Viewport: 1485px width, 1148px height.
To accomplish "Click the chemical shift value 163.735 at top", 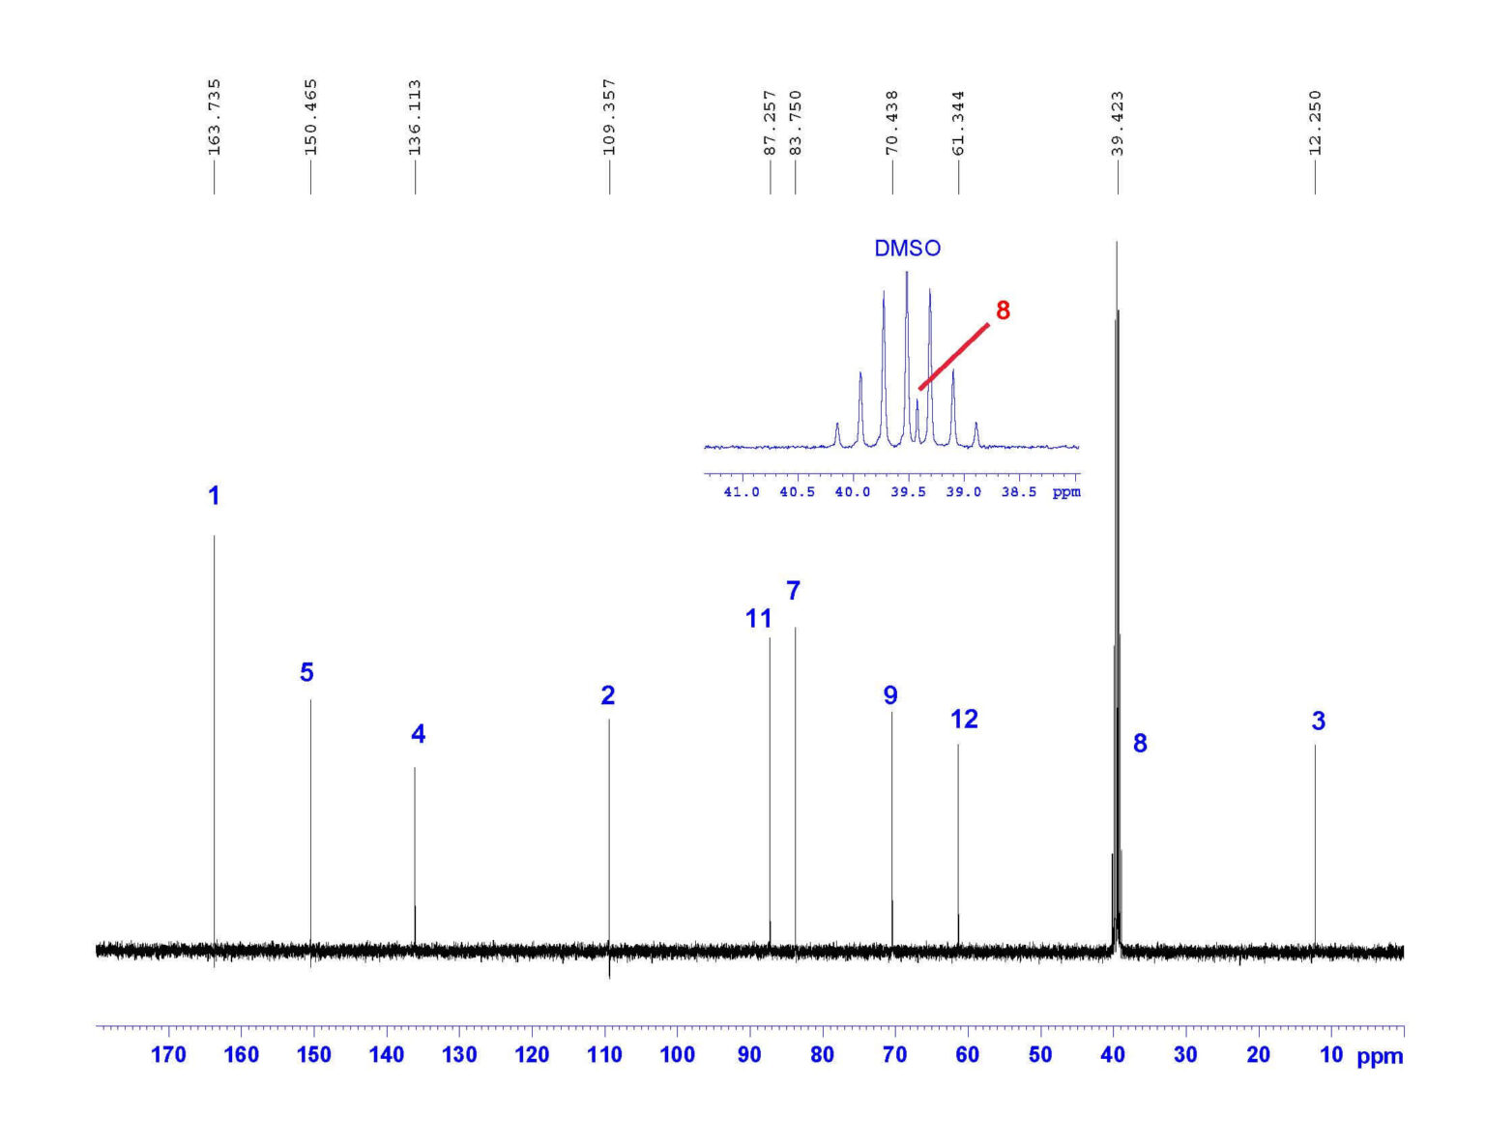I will (215, 117).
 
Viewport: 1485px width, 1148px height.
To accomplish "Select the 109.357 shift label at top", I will (609, 117).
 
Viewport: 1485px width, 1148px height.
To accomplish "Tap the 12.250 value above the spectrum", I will (1315, 123).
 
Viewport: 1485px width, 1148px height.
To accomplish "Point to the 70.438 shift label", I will (892, 123).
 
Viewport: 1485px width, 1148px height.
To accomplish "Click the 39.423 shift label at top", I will (1118, 123).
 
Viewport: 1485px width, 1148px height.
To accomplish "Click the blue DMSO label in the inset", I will (907, 249).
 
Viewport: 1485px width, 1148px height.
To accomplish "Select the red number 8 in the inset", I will (1003, 310).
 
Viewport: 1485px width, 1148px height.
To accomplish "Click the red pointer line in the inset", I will (953, 357).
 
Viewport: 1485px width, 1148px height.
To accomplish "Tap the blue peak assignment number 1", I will (214, 496).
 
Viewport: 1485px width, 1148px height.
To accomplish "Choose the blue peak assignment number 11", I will (758, 619).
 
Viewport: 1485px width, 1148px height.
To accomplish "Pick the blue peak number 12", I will (964, 720).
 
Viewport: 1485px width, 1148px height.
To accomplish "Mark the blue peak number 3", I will (1318, 721).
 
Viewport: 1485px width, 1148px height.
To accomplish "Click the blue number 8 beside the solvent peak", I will (1140, 744).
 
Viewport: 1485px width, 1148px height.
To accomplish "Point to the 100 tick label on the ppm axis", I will (677, 1055).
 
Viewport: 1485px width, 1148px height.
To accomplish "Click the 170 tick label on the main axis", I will (168, 1055).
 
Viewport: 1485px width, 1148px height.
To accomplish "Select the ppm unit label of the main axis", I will (1380, 1057).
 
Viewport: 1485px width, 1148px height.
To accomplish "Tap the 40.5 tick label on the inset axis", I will (797, 492).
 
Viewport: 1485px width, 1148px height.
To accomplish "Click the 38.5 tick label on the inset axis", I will (1018, 492).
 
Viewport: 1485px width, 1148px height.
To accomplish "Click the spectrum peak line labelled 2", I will (609, 832).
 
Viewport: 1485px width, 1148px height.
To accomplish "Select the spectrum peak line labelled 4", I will (415, 851).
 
